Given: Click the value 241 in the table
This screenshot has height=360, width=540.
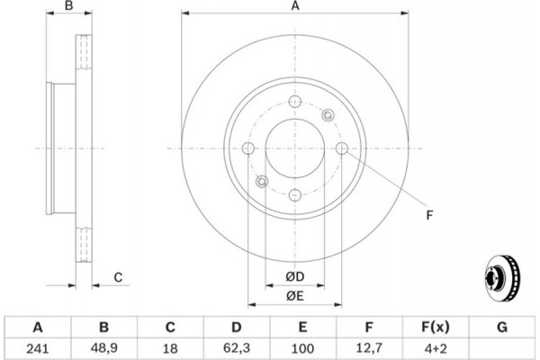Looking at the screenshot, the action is pos(38,348).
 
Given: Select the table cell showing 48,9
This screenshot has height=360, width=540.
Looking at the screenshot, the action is pos(104,348).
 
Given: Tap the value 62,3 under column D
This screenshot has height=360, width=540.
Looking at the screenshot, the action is pos(237,348).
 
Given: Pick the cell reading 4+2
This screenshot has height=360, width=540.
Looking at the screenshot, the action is pos(436,348).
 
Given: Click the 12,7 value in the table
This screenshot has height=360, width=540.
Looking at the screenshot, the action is pos(368,348).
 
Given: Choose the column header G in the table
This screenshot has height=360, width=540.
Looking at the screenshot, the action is pos(502,327).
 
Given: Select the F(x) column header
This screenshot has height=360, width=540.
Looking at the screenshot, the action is pos(436,327).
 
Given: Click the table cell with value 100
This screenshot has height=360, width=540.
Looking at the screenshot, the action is pos(302,348).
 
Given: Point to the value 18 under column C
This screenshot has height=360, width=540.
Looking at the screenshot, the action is pos(170,348).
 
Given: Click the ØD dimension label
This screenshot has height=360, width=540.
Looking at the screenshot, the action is pos(295,276).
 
